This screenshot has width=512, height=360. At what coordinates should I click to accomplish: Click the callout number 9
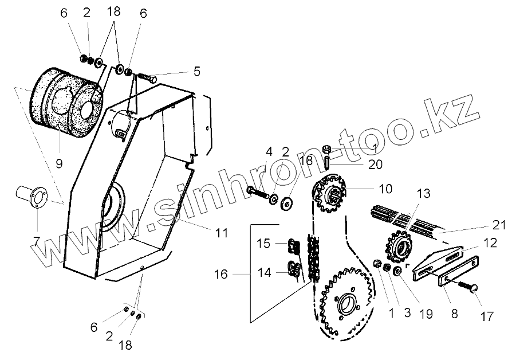pos(58,163)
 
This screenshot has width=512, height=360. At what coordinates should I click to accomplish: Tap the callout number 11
pos(222,233)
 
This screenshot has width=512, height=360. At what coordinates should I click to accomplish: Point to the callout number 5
pos(196,71)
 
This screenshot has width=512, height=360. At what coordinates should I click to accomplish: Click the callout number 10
pos(385,188)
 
